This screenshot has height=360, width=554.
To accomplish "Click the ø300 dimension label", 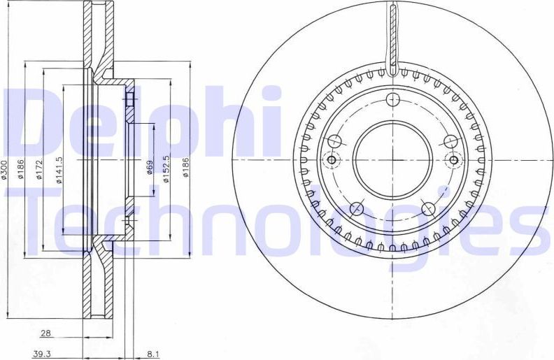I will pos(6,170).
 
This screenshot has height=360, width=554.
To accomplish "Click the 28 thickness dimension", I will pos(45,334).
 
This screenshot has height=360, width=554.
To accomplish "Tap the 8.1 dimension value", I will pos(152,354).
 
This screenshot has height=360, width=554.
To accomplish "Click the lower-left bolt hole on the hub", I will pos(356,208).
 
